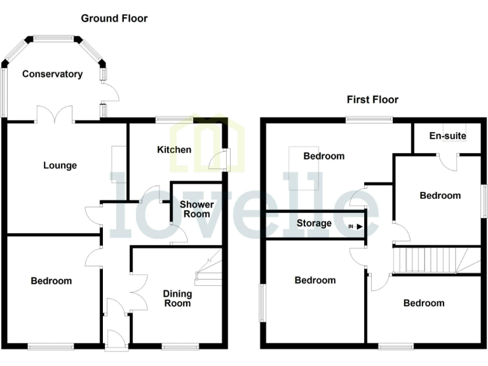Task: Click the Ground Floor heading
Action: [x=114, y=18]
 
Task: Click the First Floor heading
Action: [x=372, y=99]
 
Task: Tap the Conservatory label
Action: [x=52, y=74]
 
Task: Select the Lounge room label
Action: [x=60, y=165]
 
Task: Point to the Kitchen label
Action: [x=174, y=149]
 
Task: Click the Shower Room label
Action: [x=197, y=209]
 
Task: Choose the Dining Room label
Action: [x=177, y=298]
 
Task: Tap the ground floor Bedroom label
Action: [x=51, y=280]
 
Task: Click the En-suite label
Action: [x=447, y=136]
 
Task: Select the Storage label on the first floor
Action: [x=314, y=223]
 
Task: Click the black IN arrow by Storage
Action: [x=359, y=226]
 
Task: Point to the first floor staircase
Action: [x=432, y=259]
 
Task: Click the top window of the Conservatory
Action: [x=53, y=38]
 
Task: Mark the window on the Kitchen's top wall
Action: [x=175, y=119]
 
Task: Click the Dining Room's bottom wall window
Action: [x=180, y=346]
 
